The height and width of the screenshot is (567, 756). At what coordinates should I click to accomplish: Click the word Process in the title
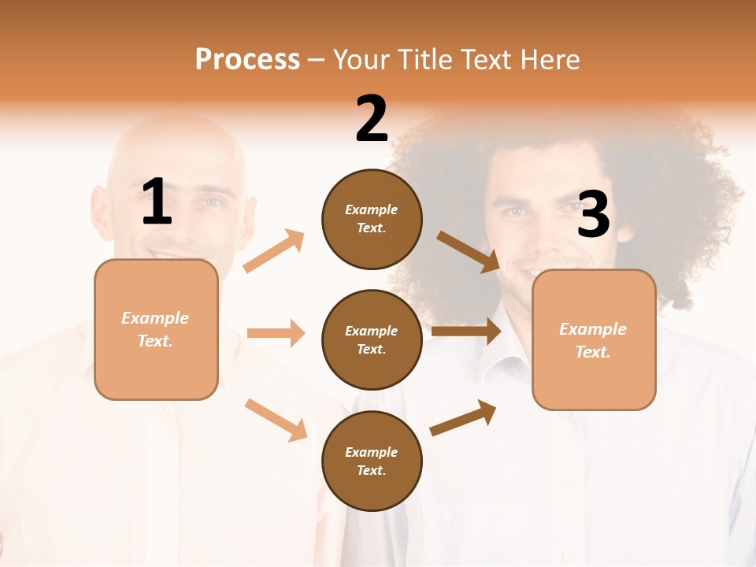coord(247,60)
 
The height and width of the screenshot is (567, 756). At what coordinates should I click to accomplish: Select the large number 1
coord(157,202)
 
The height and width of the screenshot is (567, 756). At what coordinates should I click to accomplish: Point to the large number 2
coord(372,119)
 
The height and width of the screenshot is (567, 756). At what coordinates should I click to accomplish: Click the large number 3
coord(593,214)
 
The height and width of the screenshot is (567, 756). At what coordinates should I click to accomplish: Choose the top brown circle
coord(372,219)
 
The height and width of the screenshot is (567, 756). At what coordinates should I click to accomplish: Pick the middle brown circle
coord(372,340)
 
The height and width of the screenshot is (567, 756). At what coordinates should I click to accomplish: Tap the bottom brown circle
coord(372,461)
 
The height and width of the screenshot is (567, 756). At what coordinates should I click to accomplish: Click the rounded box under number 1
coord(156,329)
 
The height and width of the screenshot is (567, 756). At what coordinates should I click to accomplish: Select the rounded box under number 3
coord(594,340)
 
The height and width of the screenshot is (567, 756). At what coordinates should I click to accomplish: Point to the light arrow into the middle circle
coord(276,333)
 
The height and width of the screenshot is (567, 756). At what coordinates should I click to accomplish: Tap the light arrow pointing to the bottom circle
coord(276,420)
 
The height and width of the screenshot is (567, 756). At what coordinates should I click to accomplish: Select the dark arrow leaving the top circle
coord(469,251)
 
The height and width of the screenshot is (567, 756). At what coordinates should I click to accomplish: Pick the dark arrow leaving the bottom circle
coord(463,417)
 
